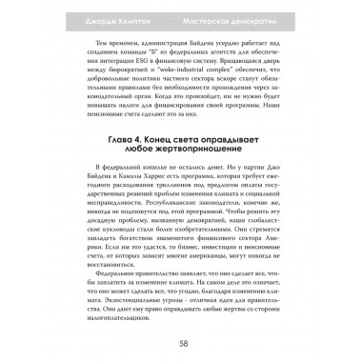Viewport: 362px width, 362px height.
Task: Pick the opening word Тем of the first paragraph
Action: [x=93, y=47]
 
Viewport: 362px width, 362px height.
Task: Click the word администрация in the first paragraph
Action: [x=165, y=47]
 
